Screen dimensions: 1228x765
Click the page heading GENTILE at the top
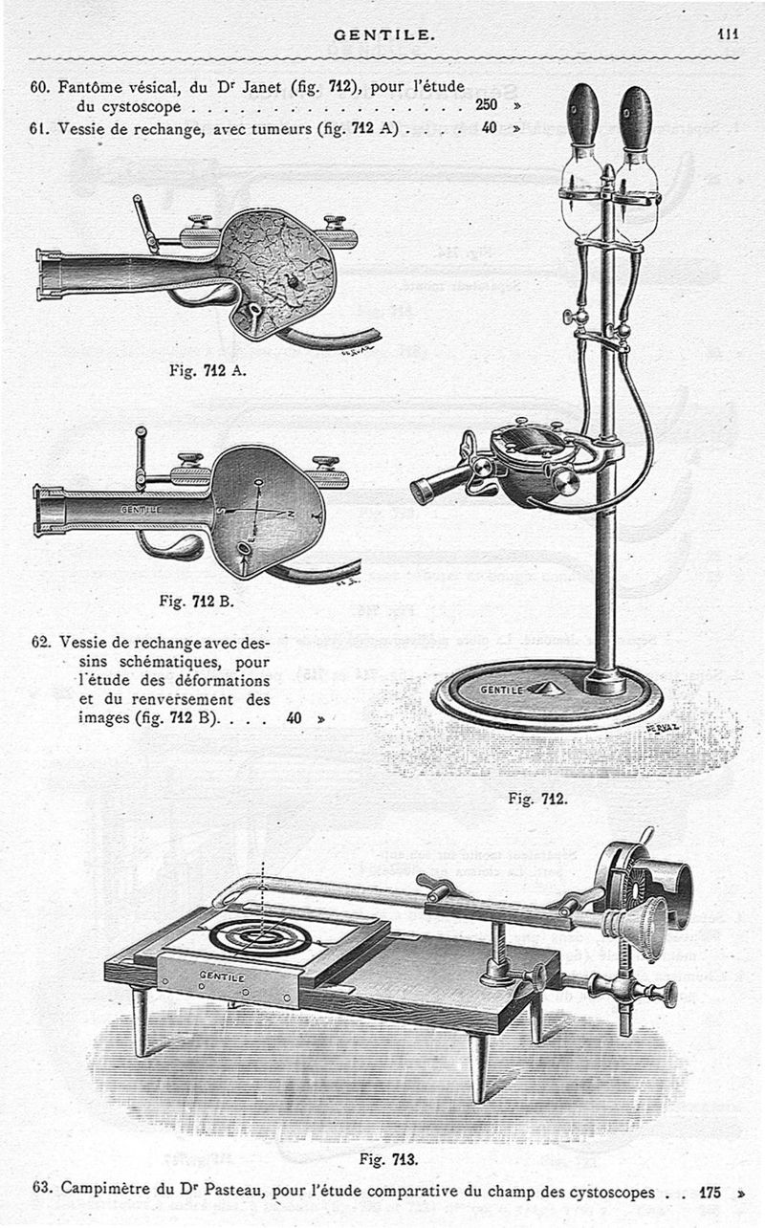pos(383,34)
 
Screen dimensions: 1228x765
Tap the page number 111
pos(729,33)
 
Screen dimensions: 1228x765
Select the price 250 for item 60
pos(487,105)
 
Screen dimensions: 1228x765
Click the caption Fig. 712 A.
pos(208,371)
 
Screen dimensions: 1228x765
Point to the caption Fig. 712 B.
pos(198,602)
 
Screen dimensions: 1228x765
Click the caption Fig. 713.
pos(388,1159)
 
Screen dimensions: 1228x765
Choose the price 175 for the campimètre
pos(710,1193)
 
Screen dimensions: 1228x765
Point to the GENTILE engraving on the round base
pos(502,689)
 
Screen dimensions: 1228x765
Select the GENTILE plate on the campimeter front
pos(222,978)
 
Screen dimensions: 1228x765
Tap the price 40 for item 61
pos(489,127)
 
